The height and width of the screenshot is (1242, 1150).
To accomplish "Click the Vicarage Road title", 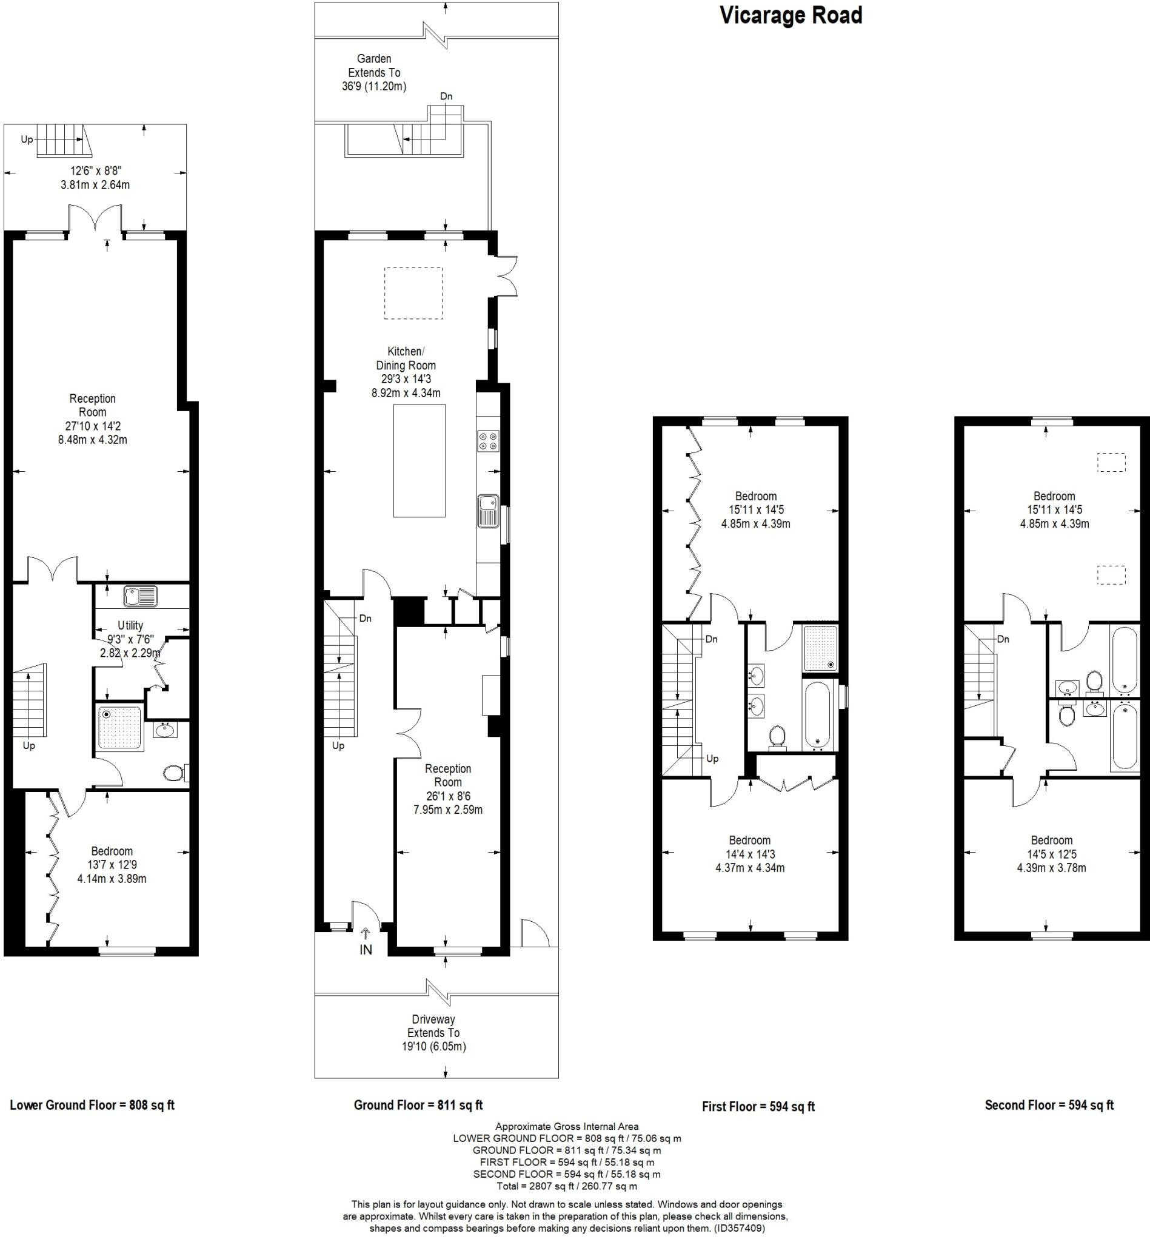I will (x=791, y=16).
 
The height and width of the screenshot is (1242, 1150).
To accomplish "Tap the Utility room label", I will (x=130, y=625).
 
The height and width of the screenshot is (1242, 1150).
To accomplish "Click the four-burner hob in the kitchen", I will (x=488, y=441).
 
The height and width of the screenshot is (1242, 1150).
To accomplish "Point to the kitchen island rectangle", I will (x=419, y=461).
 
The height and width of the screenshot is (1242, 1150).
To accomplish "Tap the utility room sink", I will (x=141, y=596).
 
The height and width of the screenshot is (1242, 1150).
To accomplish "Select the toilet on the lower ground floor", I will (x=174, y=773).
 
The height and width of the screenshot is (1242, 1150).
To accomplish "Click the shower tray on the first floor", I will (x=821, y=648).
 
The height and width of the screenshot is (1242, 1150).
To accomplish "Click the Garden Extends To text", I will (x=374, y=72).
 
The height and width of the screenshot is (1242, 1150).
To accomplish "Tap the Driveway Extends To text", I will (x=433, y=1033).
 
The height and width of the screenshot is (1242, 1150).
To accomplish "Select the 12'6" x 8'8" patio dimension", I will (x=95, y=170).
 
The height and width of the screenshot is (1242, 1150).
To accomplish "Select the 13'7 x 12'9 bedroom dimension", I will (x=112, y=865).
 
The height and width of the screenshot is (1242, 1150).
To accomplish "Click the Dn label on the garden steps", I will (x=446, y=96).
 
